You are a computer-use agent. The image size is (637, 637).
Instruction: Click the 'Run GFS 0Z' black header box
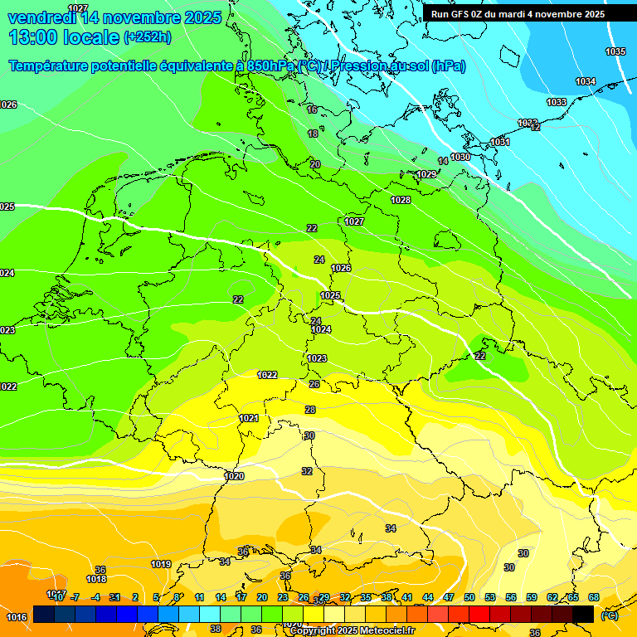[x=518, y=14]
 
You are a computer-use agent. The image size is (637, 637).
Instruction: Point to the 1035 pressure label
[x=615, y=52]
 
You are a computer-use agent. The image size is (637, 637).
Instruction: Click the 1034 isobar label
[x=586, y=81]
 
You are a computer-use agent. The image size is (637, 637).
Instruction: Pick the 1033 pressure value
[x=557, y=102]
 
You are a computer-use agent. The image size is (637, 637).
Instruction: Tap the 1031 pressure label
[x=500, y=143]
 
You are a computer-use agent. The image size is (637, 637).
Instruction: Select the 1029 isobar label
[x=426, y=174]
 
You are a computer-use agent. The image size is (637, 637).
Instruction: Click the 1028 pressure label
[x=401, y=200]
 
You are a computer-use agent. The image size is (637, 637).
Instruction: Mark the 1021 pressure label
[x=249, y=419]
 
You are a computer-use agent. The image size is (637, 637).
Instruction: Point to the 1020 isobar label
[x=234, y=476]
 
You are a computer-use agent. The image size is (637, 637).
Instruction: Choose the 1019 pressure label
[x=161, y=565]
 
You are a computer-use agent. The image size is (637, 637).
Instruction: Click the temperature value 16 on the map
[x=312, y=109]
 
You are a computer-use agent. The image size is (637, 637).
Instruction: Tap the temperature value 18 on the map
[x=313, y=134]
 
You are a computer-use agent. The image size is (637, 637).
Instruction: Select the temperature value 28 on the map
[x=310, y=410]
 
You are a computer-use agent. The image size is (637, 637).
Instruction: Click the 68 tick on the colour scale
[x=594, y=597]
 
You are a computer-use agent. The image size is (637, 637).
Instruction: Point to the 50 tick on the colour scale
[x=469, y=597]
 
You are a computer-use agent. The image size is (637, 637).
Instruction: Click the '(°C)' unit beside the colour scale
[x=610, y=615]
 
